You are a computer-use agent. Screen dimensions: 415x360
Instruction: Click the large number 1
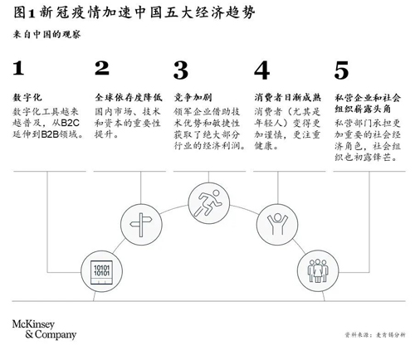18,68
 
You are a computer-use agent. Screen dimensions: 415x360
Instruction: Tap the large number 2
102,68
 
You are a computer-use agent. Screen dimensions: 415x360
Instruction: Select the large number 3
181,71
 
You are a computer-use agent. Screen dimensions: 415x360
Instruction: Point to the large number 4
261,71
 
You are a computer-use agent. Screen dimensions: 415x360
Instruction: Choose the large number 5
341,71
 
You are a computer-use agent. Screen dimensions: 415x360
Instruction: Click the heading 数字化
27,97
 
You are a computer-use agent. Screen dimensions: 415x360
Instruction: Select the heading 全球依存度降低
129,97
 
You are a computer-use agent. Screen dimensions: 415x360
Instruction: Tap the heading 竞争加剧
193,97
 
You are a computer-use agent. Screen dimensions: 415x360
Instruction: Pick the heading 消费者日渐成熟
288,97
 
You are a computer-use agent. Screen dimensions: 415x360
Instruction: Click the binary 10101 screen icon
101,272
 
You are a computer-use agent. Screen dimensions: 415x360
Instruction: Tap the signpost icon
141,225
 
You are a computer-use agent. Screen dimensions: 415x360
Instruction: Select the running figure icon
208,203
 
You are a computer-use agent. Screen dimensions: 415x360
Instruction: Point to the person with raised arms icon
277,225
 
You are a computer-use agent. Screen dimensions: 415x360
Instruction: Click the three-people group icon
318,270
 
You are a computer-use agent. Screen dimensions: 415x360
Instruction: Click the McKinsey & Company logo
44,329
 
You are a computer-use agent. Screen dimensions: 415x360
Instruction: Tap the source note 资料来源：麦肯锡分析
375,335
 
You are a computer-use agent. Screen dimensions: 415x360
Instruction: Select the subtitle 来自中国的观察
46,35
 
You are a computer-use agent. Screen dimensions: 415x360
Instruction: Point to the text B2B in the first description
51,134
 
